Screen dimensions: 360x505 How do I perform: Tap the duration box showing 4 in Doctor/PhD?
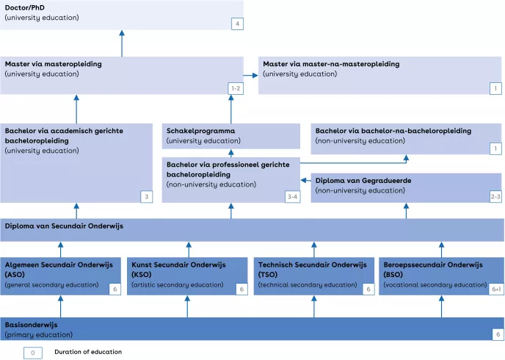(236, 24)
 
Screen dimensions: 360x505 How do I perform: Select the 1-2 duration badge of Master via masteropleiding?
(236, 88)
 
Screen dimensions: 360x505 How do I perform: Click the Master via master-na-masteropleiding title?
(331, 64)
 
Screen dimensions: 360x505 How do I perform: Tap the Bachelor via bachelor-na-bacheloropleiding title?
(393, 130)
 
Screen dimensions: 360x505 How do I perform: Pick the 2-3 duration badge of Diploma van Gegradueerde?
(496, 197)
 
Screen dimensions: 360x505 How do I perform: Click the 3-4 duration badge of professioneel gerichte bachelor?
(292, 197)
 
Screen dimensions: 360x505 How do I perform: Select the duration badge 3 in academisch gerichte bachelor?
(147, 197)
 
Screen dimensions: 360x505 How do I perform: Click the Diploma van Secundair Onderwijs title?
(64, 226)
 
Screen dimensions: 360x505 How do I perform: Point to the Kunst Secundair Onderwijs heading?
(178, 264)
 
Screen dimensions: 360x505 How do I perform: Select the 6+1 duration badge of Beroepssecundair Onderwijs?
(496, 289)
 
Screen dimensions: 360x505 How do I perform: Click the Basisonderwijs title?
(32, 324)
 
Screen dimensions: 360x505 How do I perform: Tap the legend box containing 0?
(33, 352)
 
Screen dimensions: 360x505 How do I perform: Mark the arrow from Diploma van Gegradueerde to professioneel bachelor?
(305, 180)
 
